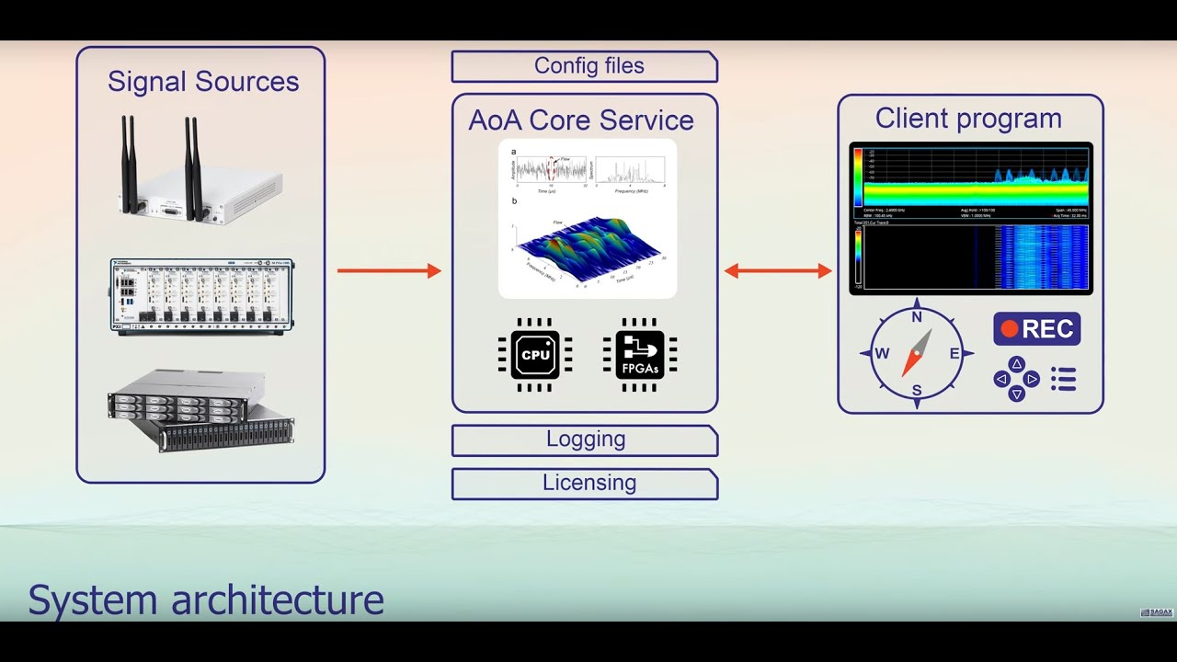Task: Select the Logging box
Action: pos(585,439)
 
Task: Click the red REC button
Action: pos(1036,328)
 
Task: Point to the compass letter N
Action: pos(917,317)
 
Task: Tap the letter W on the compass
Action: pos(882,354)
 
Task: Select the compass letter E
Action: pos(954,354)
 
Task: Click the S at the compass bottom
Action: pos(917,391)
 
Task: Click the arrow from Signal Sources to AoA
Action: pos(389,270)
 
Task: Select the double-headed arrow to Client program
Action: pos(778,270)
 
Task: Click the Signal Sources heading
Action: pos(203,81)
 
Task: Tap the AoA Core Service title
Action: pos(581,120)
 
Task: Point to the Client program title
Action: pos(968,119)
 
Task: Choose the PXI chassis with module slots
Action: pos(202,296)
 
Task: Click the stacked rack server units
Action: pos(200,409)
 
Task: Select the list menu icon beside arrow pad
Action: pos(1064,379)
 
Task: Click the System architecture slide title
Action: pos(206,599)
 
